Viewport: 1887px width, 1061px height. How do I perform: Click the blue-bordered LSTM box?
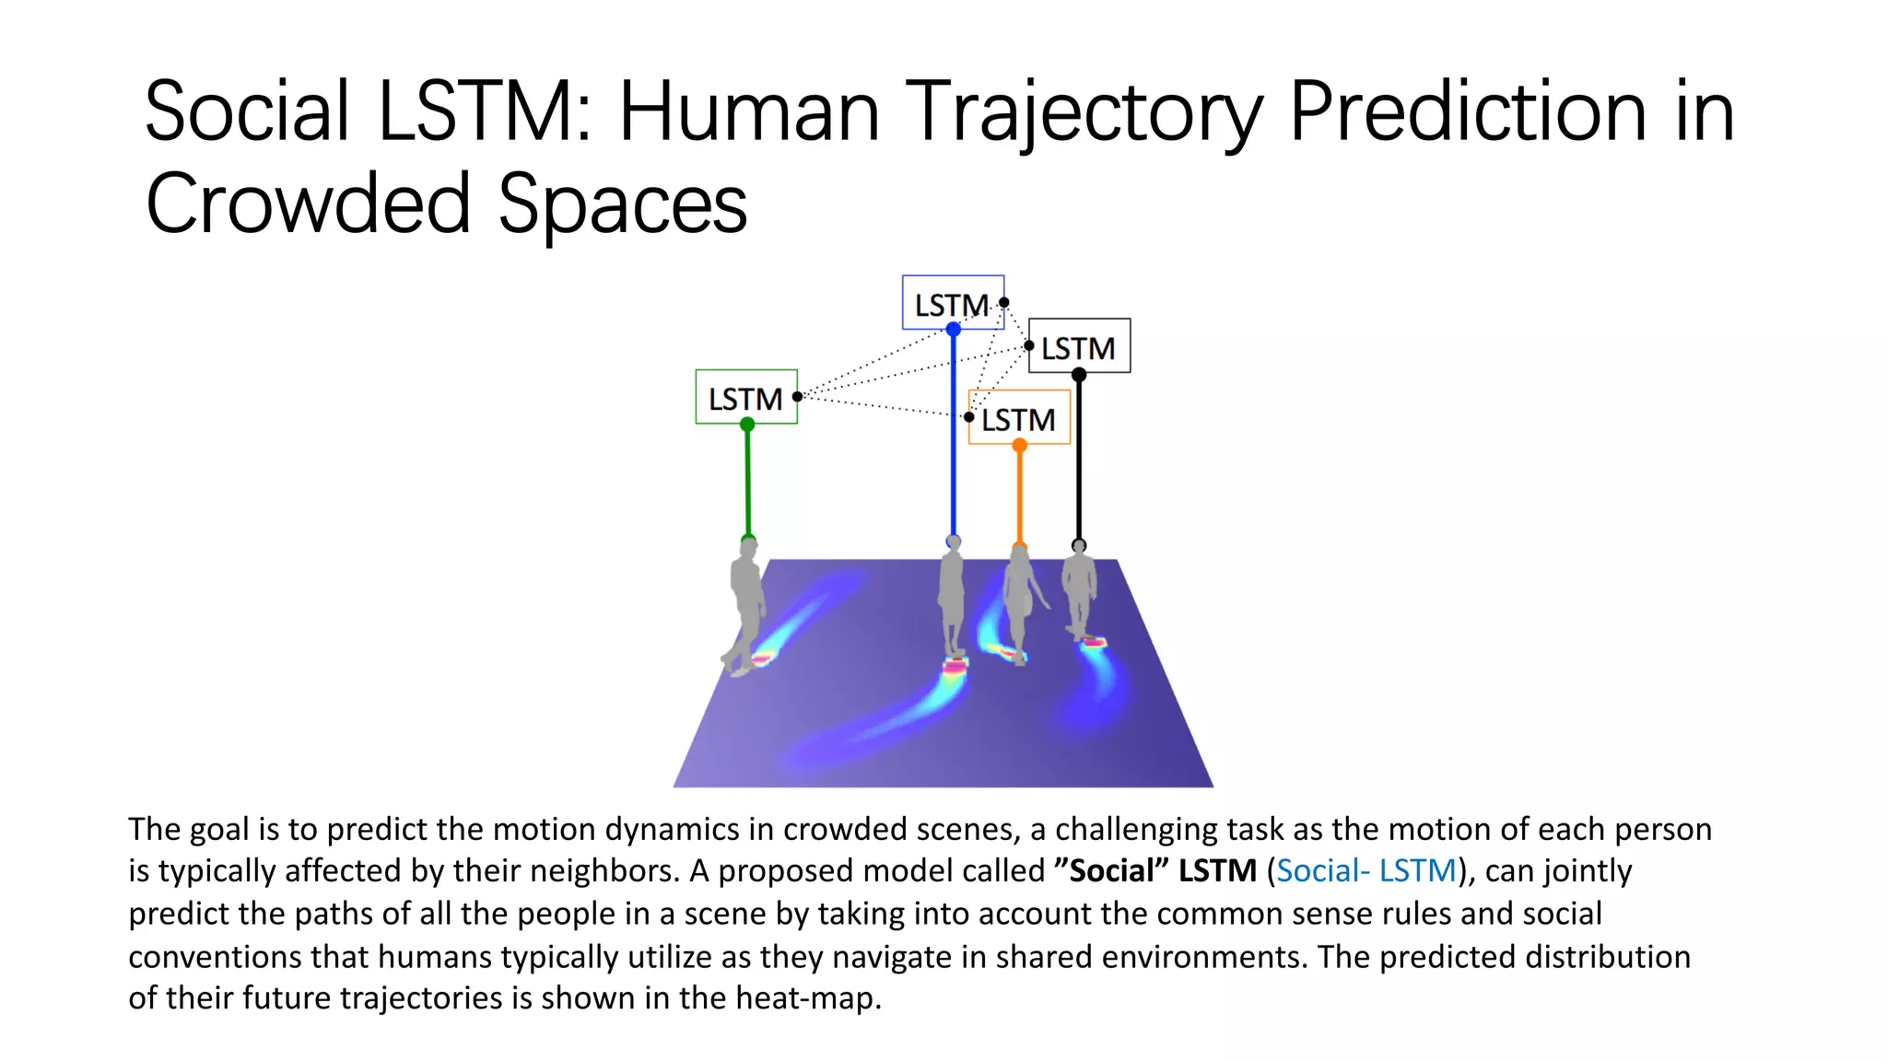[x=953, y=302]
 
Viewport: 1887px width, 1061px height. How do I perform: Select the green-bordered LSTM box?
[x=745, y=398]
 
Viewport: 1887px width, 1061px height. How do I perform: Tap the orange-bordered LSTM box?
[x=1019, y=418]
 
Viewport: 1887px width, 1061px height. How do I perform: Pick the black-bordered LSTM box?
[x=1079, y=347]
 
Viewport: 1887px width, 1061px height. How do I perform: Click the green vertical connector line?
[x=747, y=484]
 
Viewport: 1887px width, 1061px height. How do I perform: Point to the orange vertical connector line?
[x=1019, y=497]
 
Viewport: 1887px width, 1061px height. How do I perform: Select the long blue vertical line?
[x=953, y=433]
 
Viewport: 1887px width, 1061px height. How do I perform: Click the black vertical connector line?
[x=1079, y=461]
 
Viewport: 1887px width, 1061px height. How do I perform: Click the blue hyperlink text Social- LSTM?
[x=1365, y=870]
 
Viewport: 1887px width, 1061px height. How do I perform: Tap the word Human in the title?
[x=748, y=112]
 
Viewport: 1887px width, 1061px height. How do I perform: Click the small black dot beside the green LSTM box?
[x=797, y=397]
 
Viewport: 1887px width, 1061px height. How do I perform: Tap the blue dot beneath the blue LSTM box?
[x=953, y=329]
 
